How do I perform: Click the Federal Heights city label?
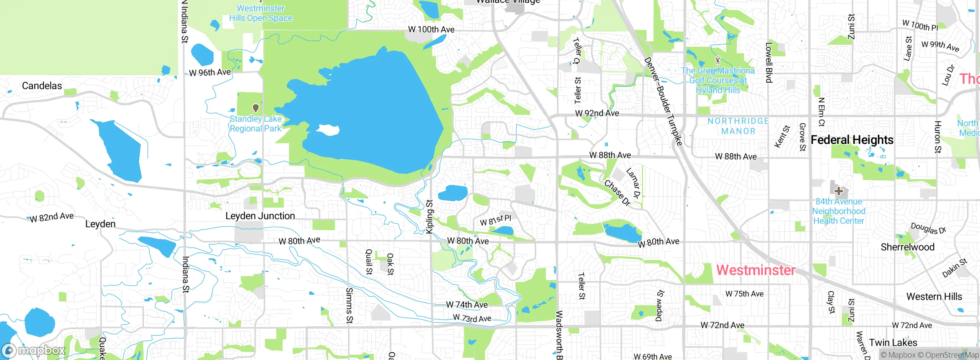tap(852, 140)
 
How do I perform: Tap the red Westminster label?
tap(756, 270)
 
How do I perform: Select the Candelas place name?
tap(42, 86)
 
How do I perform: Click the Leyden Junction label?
tap(260, 216)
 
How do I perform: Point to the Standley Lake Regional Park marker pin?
tap(256, 108)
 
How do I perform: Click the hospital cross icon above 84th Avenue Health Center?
tap(838, 191)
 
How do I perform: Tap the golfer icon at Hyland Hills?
tap(718, 60)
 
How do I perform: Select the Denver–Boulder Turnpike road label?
tap(663, 101)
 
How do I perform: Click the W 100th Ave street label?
tap(431, 29)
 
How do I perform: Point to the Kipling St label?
tap(430, 216)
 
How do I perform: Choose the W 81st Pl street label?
tap(495, 220)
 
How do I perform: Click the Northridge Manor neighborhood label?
tap(738, 126)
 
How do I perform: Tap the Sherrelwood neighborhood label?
tap(907, 247)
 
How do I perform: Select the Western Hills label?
tap(934, 296)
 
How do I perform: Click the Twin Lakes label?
tap(893, 342)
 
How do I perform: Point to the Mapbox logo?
tap(34, 350)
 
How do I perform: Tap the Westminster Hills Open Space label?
tap(261, 13)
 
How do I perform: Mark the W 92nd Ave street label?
tap(597, 113)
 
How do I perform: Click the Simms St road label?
tap(349, 306)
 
